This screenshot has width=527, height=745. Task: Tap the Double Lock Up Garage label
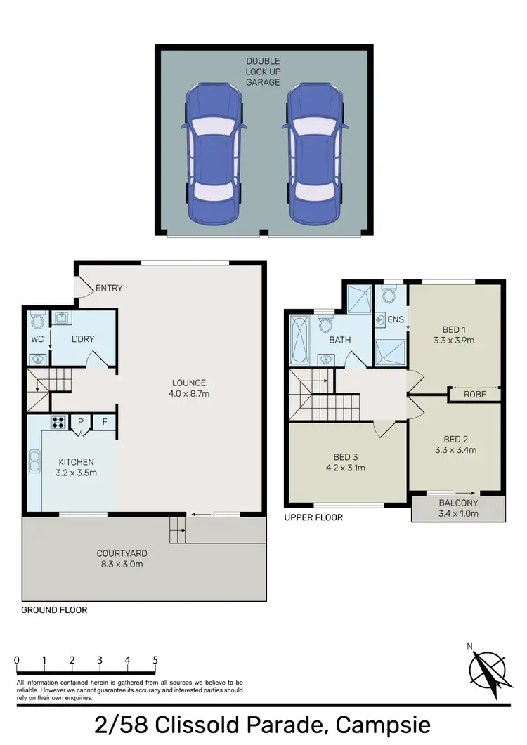tap(262, 72)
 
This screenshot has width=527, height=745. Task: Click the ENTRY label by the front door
tap(109, 288)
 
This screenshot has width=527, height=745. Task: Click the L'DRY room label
tap(83, 339)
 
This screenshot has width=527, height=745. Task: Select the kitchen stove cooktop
tap(58, 423)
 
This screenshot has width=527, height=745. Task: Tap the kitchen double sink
tap(34, 461)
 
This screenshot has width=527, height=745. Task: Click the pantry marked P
tap(81, 422)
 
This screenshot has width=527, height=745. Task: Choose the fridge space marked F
tap(105, 422)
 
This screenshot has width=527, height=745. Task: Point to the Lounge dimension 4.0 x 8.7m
tap(190, 394)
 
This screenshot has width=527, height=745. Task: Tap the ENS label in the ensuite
tap(396, 320)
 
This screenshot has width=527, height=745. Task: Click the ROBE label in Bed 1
tap(475, 395)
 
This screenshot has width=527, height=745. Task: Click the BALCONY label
tap(458, 503)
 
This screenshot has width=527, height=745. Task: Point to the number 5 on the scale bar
tap(155, 660)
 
